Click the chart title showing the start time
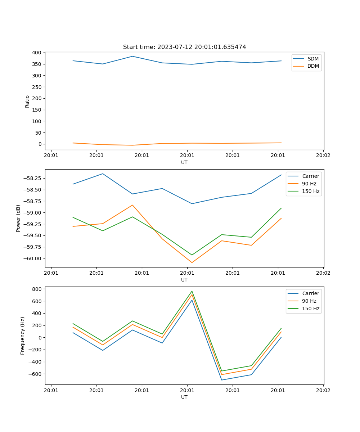[184, 47]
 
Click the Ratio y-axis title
[27, 101]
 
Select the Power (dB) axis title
[18, 218]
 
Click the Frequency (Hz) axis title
[23, 336]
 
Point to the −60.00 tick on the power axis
[33, 258]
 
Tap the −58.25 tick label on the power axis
[33, 179]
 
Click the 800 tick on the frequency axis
[37, 289]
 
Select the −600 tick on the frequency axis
[36, 374]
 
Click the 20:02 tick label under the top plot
[323, 156]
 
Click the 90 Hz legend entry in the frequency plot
[309, 301]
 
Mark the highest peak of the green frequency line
[192, 291]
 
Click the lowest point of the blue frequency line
[221, 380]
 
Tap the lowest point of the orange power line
[192, 262]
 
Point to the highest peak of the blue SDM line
[132, 56]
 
